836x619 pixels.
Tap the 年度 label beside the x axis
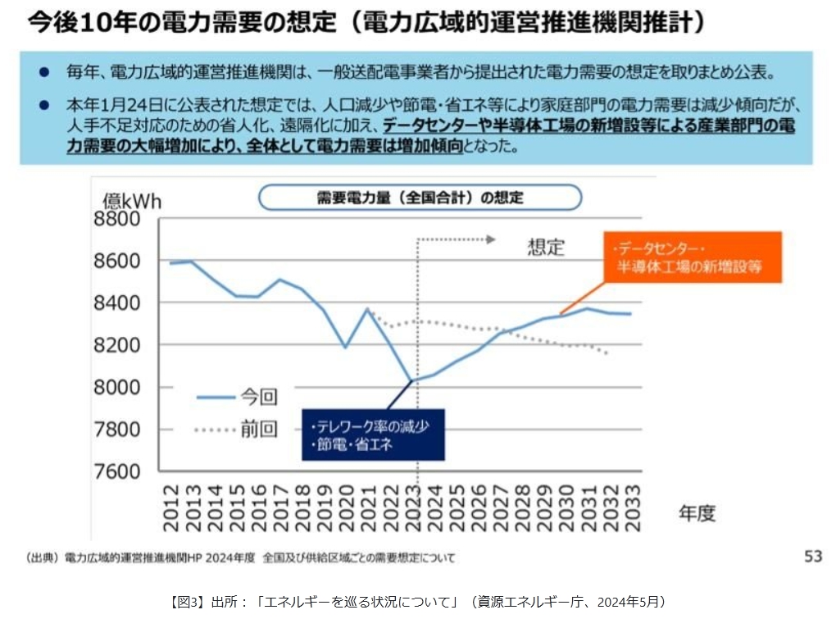[x=697, y=514]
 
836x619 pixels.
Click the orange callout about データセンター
[x=693, y=257]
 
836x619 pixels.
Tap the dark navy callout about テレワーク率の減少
[x=373, y=435]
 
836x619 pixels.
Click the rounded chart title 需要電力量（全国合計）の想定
[x=420, y=198]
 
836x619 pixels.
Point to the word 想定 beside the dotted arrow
[x=546, y=248]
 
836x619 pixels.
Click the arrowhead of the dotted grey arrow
[x=491, y=239]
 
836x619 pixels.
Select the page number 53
[x=812, y=557]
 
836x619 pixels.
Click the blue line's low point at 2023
[x=412, y=380]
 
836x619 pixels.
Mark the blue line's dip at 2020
[x=345, y=348]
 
